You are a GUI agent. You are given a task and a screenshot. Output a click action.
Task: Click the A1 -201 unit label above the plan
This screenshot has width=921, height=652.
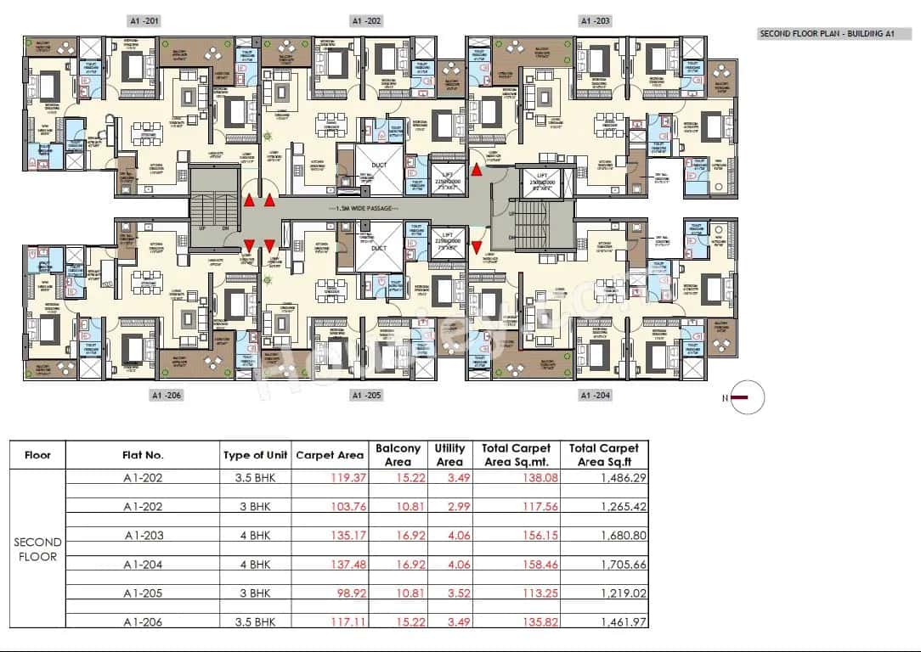(142, 20)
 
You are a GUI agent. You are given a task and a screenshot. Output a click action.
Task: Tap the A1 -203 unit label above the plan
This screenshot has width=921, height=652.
(594, 20)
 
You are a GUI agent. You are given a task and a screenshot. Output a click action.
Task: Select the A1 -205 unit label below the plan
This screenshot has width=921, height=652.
(366, 396)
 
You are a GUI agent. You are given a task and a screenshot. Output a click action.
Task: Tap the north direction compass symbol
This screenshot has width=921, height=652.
(746, 397)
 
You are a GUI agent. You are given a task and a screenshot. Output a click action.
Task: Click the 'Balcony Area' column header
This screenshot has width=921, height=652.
(398, 455)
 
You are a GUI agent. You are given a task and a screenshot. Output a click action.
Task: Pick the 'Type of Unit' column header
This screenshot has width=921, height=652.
(256, 455)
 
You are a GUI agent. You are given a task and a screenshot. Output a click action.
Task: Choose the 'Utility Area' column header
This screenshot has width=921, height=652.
(449, 455)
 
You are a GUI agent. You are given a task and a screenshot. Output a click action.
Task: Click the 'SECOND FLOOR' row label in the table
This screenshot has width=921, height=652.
(37, 549)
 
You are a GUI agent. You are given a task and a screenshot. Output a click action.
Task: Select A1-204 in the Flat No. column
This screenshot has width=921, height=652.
(143, 565)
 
